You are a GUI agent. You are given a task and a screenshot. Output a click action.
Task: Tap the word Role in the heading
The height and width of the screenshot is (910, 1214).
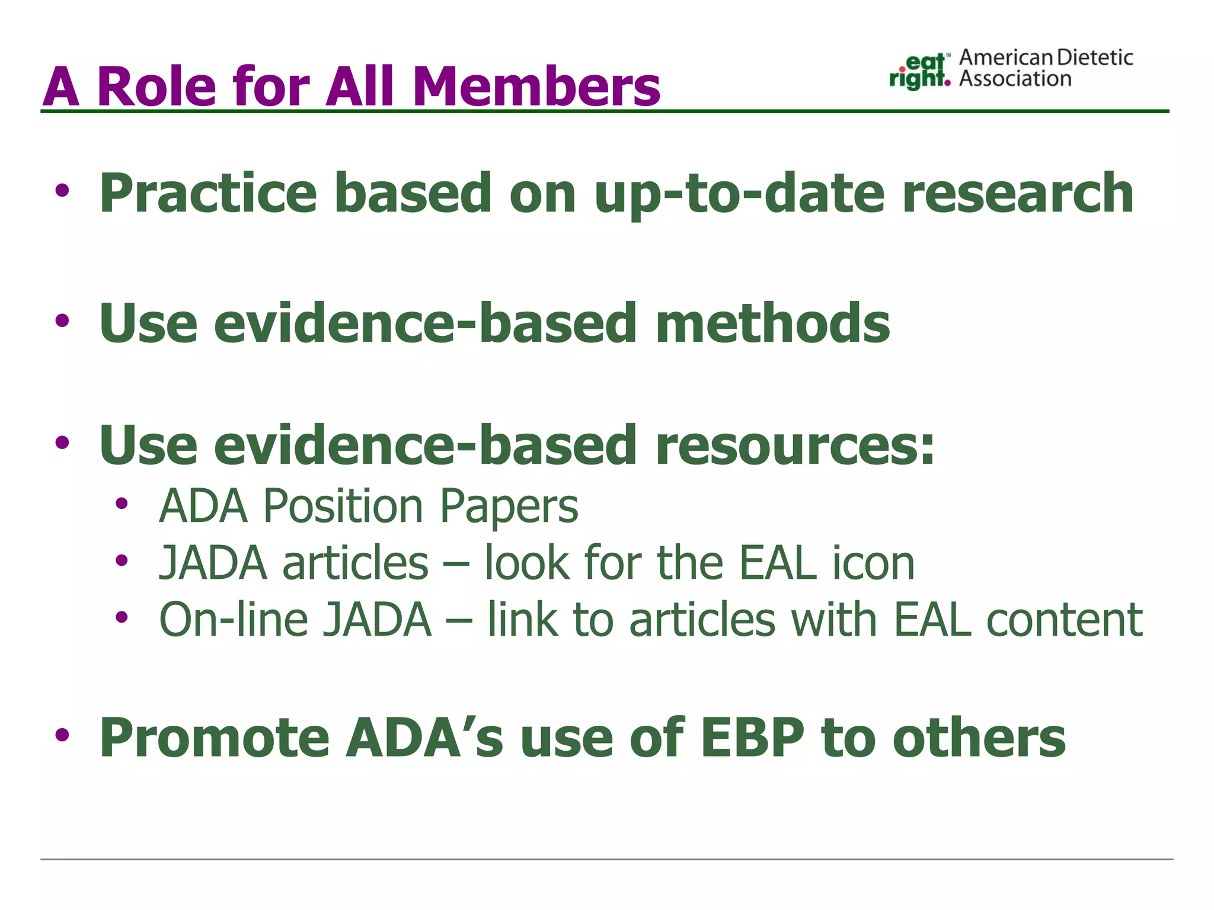click(x=156, y=86)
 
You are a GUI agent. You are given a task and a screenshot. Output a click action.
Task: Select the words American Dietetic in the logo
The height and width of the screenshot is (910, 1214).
click(x=1046, y=57)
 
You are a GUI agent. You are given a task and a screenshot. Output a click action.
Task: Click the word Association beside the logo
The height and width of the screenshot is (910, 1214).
click(x=1015, y=79)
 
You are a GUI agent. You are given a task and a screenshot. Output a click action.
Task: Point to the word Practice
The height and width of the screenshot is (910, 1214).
click(x=208, y=193)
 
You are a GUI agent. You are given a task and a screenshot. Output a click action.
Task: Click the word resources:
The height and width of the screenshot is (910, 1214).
click(x=795, y=446)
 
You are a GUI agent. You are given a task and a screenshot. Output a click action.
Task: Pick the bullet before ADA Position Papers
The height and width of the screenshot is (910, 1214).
click(x=122, y=504)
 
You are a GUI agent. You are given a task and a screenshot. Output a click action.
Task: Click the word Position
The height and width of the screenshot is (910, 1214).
click(x=343, y=507)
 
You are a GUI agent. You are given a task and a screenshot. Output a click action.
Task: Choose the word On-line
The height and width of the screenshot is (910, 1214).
click(x=234, y=620)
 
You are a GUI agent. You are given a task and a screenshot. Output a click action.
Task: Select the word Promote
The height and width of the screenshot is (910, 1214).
click(x=214, y=738)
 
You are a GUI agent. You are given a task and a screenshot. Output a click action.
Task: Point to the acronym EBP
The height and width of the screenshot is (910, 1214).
click(x=752, y=738)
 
